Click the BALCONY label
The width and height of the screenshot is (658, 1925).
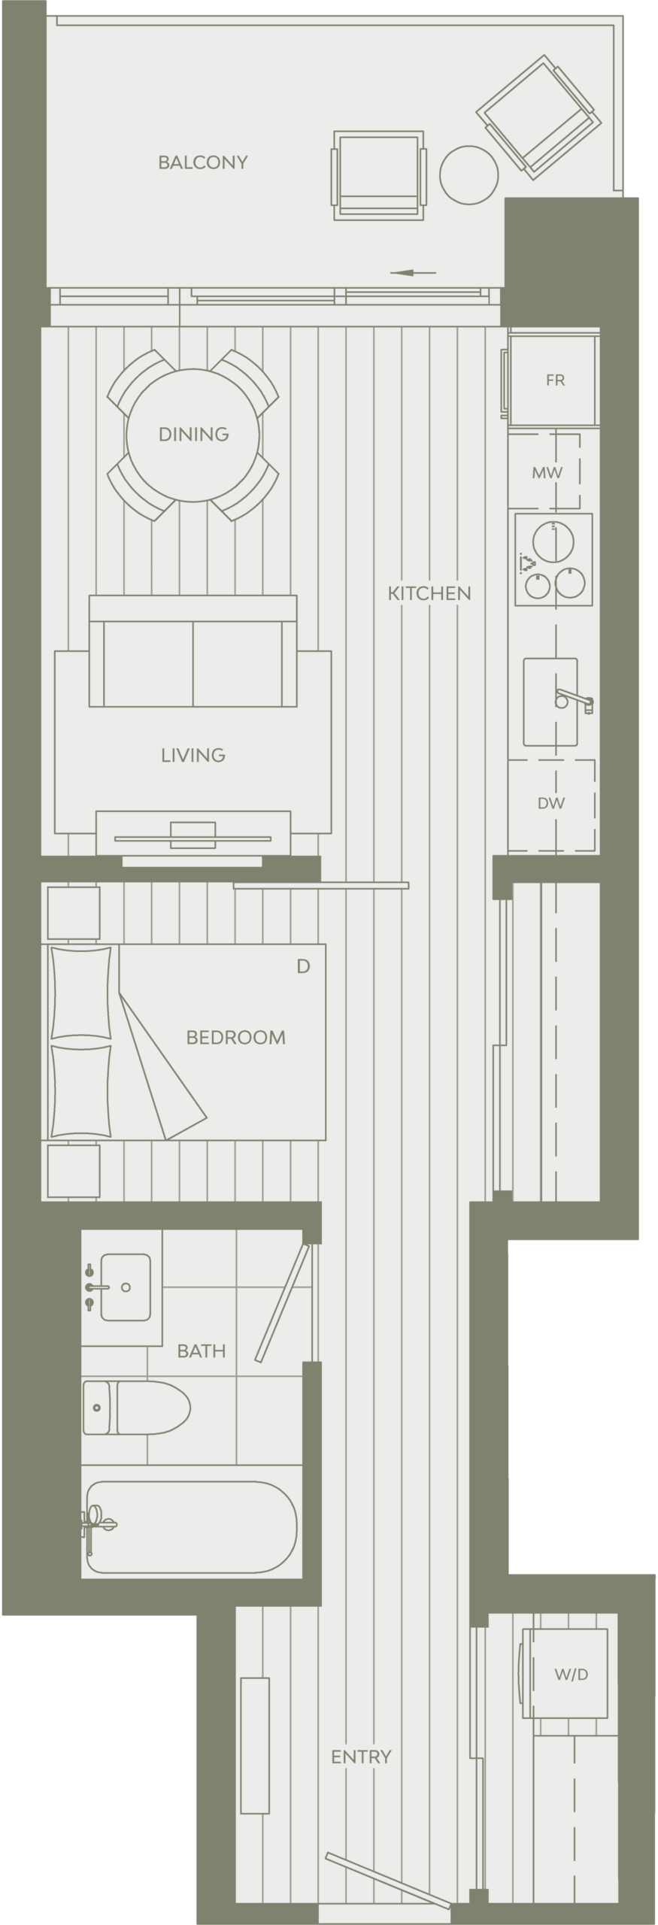click(202, 162)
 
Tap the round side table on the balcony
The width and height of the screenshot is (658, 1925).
click(468, 174)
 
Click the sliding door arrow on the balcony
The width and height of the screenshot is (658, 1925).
click(413, 272)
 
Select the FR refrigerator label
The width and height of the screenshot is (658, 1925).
click(555, 380)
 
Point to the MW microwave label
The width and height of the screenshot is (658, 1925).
click(547, 473)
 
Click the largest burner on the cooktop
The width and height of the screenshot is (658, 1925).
click(553, 541)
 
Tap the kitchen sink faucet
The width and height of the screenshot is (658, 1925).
click(575, 700)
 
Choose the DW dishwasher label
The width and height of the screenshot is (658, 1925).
click(551, 803)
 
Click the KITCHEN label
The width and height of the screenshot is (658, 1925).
click(429, 593)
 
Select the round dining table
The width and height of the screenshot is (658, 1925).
click(193, 435)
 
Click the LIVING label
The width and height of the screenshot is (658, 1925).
click(193, 755)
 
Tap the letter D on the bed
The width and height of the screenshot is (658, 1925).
click(303, 966)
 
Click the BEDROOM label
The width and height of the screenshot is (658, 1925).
click(236, 1038)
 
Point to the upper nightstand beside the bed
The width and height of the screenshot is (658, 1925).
click(74, 913)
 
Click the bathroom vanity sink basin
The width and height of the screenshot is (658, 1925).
click(126, 1287)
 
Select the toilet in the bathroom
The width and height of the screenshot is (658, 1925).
click(136, 1407)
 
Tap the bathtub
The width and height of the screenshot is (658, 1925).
click(192, 1527)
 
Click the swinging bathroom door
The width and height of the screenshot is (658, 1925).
click(282, 1303)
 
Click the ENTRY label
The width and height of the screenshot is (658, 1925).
click(361, 1757)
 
